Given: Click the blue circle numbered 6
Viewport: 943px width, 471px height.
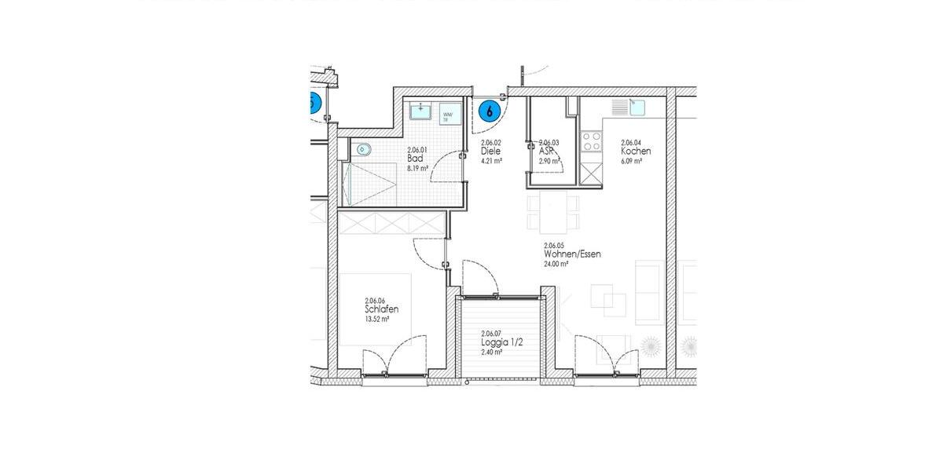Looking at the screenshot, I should coord(490,111).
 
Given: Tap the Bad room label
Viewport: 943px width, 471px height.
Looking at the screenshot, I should coord(415,159).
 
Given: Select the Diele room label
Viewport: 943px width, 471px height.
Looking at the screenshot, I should coord(491,151).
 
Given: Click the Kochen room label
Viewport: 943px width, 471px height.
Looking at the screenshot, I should coord(635,151).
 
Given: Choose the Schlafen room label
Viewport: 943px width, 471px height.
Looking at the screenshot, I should coord(381,309).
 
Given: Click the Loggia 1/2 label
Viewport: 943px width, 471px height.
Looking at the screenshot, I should coord(501,342).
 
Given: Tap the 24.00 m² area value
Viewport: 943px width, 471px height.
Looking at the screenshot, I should coord(556,265).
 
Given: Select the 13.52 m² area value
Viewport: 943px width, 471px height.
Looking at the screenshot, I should coord(378,319).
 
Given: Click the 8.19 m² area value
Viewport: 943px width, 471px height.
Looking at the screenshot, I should coord(417,168).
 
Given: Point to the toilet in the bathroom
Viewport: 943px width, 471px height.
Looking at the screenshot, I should coord(362,149).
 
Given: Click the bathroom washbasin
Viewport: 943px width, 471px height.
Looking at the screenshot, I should coord(423,111).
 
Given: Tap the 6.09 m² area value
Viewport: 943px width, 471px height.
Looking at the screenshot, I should coord(631,161).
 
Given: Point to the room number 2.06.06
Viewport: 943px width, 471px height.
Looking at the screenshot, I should coord(375,300).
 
